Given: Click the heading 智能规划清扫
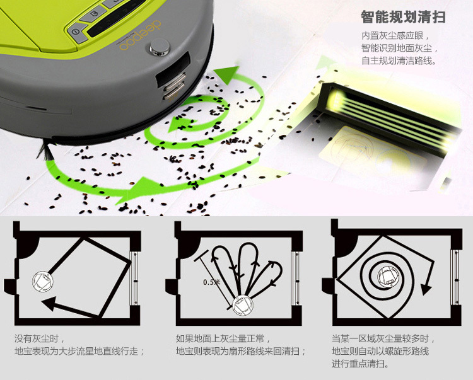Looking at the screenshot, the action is pyautogui.click(x=403, y=17).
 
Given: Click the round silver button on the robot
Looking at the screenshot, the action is pyautogui.click(x=160, y=47).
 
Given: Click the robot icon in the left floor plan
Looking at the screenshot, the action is pyautogui.click(x=43, y=281).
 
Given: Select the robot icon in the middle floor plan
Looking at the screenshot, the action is pyautogui.click(x=243, y=306).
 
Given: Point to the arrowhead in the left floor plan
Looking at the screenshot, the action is pyautogui.click(x=49, y=304).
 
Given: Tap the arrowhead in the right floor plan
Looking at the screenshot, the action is pyautogui.click(x=426, y=289).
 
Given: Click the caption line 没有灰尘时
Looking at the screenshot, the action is pyautogui.click(x=40, y=338).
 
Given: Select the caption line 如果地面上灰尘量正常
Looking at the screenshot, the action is pyautogui.click(x=223, y=338).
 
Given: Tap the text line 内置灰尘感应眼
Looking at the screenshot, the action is pyautogui.click(x=395, y=35).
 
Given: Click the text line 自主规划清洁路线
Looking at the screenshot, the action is pyautogui.click(x=399, y=60).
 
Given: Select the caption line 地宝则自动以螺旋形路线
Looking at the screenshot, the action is pyautogui.click(x=380, y=352).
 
